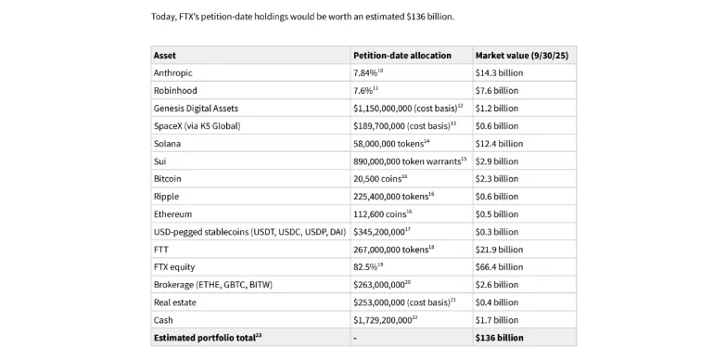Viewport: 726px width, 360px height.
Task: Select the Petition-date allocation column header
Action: [401, 55]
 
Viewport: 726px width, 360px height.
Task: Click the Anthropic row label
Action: [173, 72]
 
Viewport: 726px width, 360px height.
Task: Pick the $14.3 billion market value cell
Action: [498, 72]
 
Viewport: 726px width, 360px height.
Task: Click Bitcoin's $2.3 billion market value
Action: [496, 178]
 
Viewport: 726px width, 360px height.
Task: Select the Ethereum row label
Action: [172, 213]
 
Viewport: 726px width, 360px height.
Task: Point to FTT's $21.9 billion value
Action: [498, 249]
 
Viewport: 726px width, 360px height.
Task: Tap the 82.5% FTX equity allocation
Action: [366, 266]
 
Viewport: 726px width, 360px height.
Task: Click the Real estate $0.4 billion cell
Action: [496, 302]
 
